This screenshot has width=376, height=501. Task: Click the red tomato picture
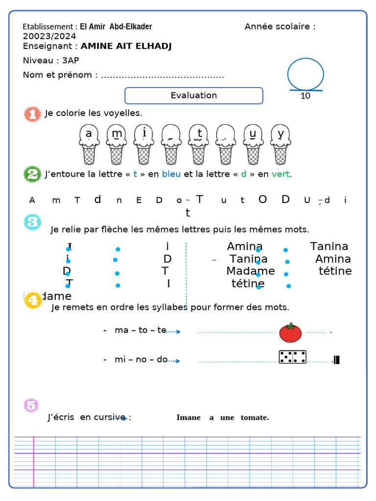(290, 333)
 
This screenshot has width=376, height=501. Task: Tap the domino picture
(292, 357)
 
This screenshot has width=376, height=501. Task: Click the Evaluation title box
(194, 95)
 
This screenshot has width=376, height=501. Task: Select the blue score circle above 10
(305, 74)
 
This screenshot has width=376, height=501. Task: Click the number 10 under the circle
(305, 96)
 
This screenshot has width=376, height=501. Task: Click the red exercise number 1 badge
(32, 114)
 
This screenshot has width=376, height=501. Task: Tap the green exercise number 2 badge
(32, 174)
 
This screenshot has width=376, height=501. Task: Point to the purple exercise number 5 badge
(31, 405)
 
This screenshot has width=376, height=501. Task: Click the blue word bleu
(171, 174)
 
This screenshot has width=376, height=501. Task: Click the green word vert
(281, 174)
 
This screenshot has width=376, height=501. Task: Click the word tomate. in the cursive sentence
(255, 417)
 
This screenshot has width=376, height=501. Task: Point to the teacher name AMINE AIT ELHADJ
(126, 46)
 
